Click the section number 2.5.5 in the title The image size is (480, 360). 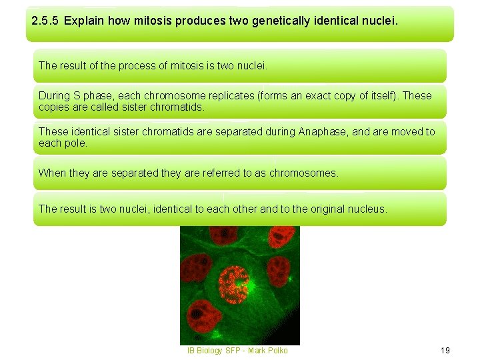[x=45, y=21]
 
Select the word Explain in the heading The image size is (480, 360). [x=83, y=21]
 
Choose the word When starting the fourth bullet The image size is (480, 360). [x=52, y=173]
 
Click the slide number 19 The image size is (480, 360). [x=445, y=350]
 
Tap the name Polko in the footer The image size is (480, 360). [x=277, y=350]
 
